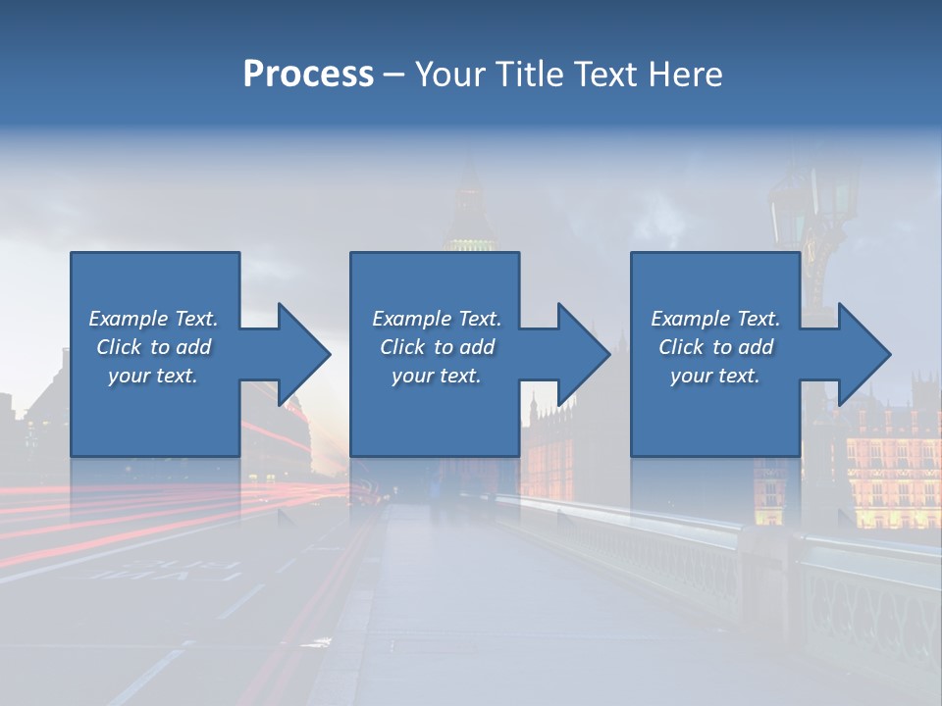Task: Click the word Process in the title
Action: point(308,75)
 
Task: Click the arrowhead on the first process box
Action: point(303,354)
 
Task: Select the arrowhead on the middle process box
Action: point(583,354)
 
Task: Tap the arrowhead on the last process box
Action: point(863,354)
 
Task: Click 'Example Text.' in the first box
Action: point(153,319)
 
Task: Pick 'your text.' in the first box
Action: point(153,376)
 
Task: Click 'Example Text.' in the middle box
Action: point(436,319)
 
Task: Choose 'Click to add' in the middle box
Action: point(436,347)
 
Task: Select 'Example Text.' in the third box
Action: point(715,319)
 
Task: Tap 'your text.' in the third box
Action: point(715,376)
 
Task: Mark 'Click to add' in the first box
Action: point(153,347)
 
